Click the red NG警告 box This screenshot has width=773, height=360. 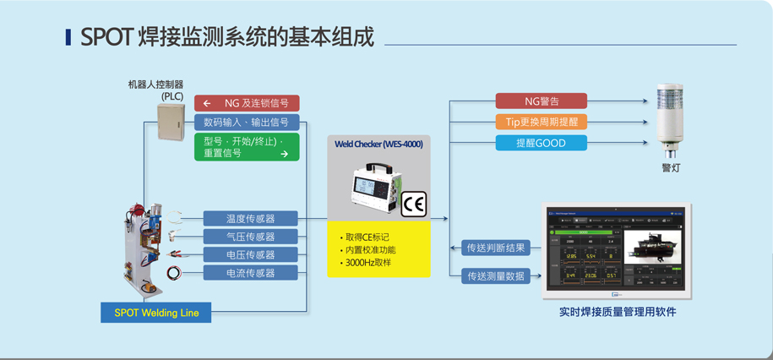coord(541,101)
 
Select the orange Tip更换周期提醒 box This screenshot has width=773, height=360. coord(541,122)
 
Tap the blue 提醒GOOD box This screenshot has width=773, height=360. coord(541,143)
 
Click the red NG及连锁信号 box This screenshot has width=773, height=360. coord(247,103)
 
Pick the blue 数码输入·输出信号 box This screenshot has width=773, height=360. coord(247,123)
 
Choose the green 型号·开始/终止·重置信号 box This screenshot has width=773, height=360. coord(247,147)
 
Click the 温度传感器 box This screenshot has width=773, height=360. coord(250,219)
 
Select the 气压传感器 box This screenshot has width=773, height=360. coord(250,237)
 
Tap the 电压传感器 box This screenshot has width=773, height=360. coord(250,254)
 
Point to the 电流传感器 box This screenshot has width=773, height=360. coord(250,273)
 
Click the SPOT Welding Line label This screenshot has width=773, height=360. coord(156,313)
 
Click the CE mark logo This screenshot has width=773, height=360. coord(413,205)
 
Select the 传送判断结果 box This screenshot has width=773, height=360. coord(496,248)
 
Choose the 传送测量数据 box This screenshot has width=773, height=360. coord(496,275)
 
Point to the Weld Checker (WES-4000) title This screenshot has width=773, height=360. coord(378,145)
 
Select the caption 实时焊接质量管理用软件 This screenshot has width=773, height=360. coord(618,312)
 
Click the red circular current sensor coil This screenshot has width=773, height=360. coord(174,273)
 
